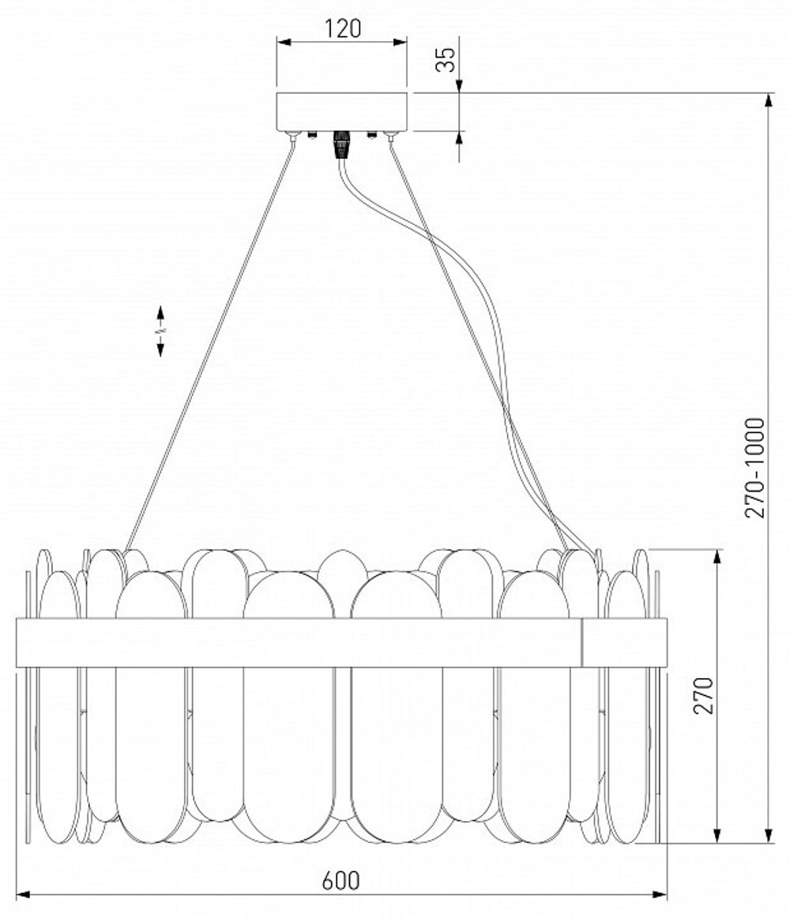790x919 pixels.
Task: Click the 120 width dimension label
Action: tap(342, 28)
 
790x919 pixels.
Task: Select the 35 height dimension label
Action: tap(448, 59)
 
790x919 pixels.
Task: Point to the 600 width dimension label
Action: tap(341, 879)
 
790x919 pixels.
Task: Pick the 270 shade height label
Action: tap(704, 695)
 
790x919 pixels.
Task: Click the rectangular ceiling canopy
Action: tap(341, 111)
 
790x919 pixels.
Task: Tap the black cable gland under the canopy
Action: tap(340, 145)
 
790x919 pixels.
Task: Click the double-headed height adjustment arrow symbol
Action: tap(160, 331)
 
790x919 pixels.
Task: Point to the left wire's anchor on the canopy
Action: tap(294, 137)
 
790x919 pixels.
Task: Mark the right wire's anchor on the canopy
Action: tap(389, 137)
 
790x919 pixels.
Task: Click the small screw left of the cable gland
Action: tap(313, 134)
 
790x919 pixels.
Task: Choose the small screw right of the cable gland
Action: tap(371, 134)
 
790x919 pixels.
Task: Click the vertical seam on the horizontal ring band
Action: tap(582, 642)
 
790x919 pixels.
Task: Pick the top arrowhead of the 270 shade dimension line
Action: tap(717, 556)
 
